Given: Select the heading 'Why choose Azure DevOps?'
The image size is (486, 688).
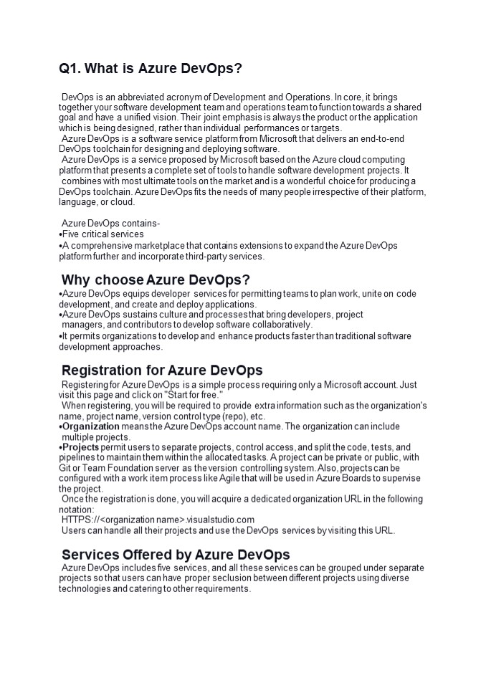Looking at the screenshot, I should pyautogui.click(x=155, y=279).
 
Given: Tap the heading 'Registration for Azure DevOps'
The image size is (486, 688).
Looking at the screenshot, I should pyautogui.click(x=162, y=371).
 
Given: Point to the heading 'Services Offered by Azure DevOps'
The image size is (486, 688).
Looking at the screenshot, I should pyautogui.click(x=176, y=555).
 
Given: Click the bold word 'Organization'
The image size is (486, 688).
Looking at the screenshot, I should pyautogui.click(x=90, y=426).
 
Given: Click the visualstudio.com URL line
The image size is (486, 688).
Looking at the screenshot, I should pyautogui.click(x=158, y=520).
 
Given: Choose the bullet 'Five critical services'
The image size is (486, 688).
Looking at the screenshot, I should pyautogui.click(x=103, y=234).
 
